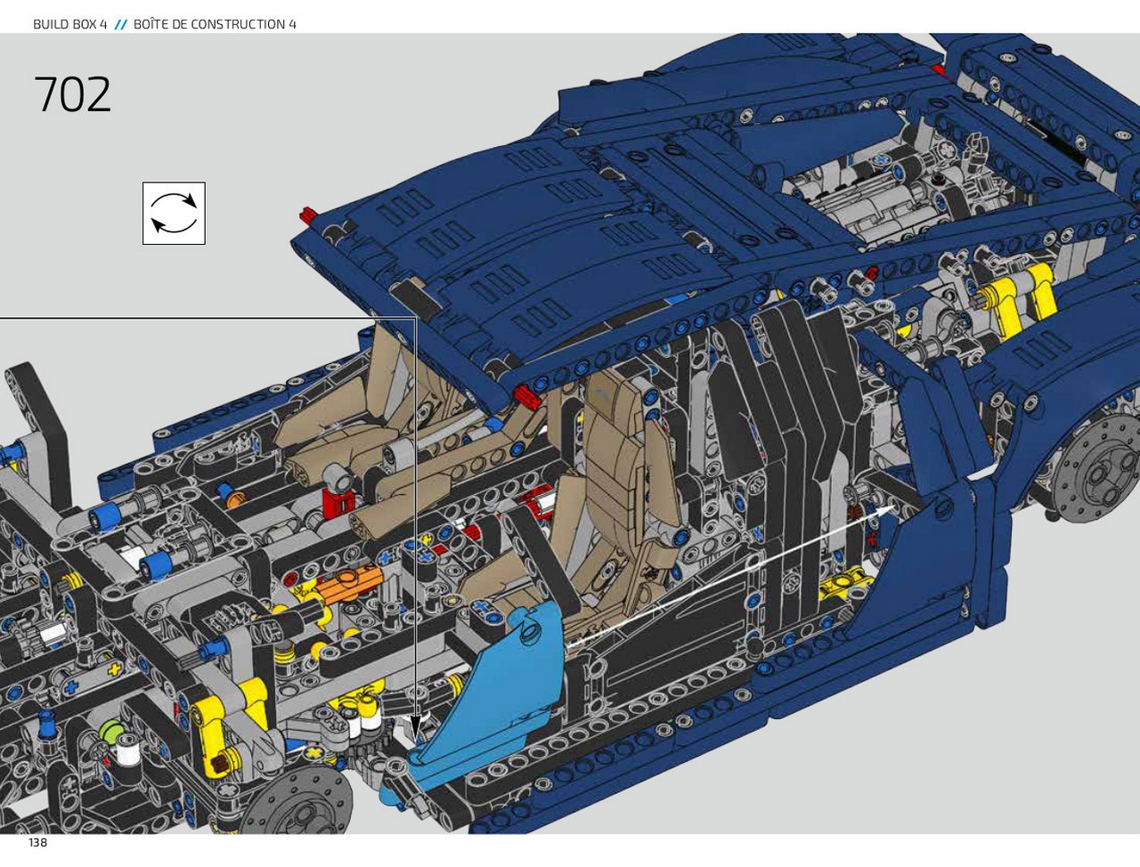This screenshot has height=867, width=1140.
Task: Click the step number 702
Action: (73, 94)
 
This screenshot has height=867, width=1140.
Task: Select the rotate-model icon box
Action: (174, 214)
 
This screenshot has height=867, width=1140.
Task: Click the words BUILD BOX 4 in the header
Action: (69, 24)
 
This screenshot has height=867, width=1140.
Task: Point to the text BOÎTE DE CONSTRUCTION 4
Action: (215, 24)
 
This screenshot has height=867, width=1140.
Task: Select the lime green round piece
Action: (110, 732)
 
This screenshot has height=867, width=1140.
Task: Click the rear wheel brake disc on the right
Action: (1095, 474)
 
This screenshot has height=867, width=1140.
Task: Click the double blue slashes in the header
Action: (120, 24)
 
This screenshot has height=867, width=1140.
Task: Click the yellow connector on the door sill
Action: (841, 587)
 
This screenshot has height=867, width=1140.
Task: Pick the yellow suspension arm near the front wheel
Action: (236, 726)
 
